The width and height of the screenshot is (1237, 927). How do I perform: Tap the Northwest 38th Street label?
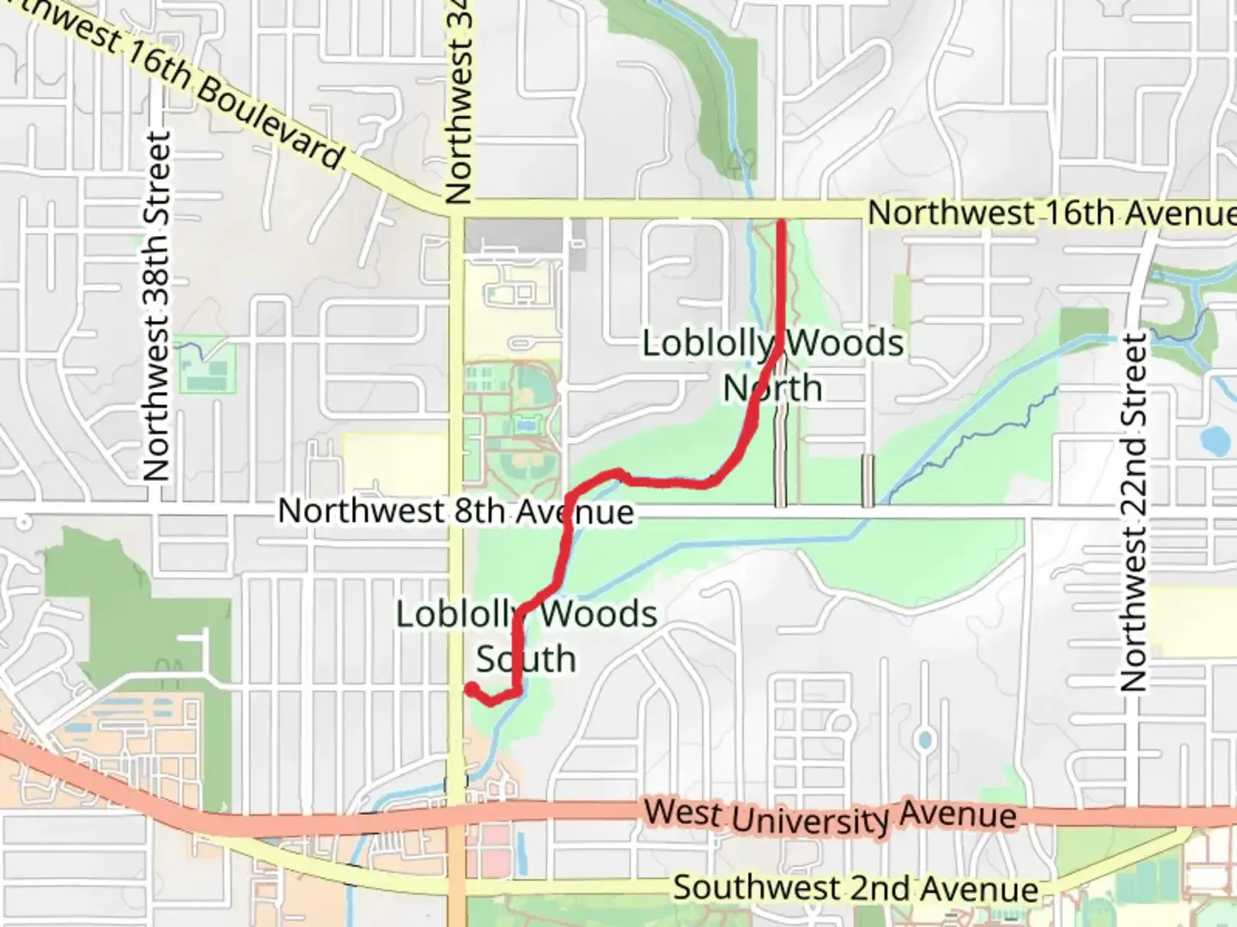156,306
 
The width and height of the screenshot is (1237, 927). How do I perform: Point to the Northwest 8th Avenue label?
455,512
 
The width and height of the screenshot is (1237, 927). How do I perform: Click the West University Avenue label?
830,815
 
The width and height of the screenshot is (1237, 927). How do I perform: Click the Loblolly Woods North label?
773,365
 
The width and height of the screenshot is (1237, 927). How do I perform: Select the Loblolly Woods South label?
526,636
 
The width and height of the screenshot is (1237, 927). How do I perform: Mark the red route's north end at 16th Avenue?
782,224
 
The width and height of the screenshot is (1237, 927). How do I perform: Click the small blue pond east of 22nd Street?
1215,440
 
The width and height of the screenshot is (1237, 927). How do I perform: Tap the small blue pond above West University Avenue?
924,739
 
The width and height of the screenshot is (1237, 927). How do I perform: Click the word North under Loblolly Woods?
773,388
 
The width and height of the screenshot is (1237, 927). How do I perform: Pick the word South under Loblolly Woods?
526,659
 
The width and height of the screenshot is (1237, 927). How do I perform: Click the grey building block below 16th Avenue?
514,235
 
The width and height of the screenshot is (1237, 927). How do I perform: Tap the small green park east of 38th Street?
206,365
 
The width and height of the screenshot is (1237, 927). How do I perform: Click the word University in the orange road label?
809,819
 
